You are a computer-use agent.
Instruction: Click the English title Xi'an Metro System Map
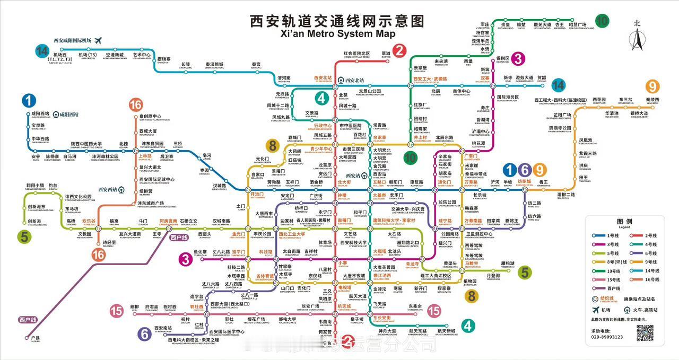coord(337,34)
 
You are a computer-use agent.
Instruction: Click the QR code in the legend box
coord(645,333)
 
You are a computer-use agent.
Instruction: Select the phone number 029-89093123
coord(607,337)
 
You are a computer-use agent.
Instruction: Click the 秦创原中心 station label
coord(150,117)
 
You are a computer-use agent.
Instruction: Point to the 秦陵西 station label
coord(652,100)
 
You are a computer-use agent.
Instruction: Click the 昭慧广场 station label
coord(577,24)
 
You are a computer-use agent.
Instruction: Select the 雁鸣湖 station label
coord(508,264)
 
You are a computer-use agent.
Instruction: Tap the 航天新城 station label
coord(446,331)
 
